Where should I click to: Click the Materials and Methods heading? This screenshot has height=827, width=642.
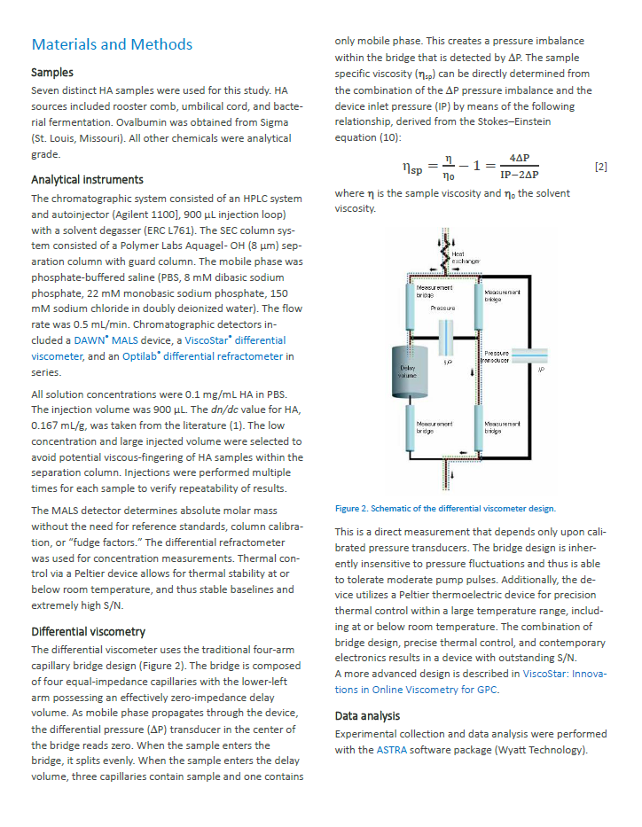(112, 44)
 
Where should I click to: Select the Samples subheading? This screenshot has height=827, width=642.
(52, 73)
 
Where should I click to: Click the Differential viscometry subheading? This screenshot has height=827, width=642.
(88, 632)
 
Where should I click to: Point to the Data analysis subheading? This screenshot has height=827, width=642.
(367, 715)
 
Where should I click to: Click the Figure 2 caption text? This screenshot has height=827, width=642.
(445, 509)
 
